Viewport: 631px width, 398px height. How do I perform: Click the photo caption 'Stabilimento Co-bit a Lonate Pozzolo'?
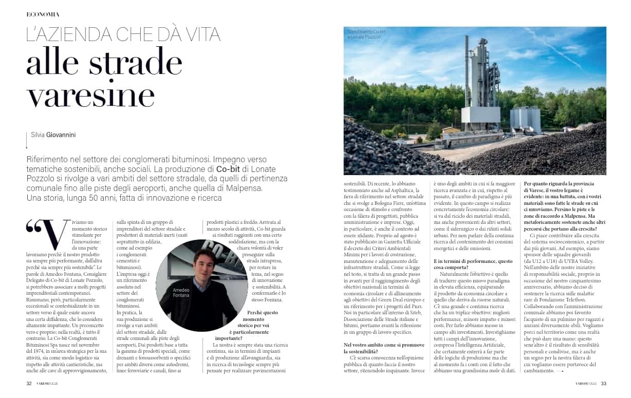(x=366, y=34)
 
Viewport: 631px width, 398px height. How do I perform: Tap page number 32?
(x=30, y=383)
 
